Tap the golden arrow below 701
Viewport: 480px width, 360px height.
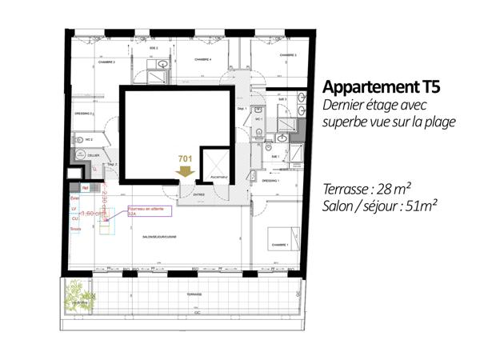coord(186,171)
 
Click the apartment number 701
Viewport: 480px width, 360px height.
coord(186,159)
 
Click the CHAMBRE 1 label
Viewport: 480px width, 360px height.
coord(280,245)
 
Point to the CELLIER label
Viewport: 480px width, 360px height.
coord(94,155)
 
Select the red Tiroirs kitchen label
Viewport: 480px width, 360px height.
coord(76,229)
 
